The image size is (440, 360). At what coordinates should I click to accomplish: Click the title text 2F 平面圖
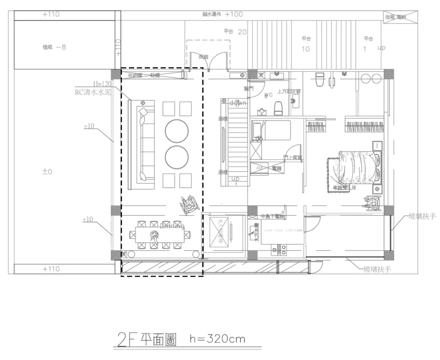click(145, 340)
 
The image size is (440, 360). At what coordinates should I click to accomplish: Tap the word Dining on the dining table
click(172, 227)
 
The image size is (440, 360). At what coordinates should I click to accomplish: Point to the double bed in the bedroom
click(355, 170)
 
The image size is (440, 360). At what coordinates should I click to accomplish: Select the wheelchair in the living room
click(188, 205)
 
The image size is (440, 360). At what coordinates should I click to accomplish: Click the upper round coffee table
click(177, 131)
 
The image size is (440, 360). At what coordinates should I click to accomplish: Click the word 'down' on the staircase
click(237, 103)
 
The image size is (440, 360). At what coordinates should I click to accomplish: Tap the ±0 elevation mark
click(47, 172)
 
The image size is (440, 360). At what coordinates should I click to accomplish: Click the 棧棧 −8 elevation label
click(54, 47)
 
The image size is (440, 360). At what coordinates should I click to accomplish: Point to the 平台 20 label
click(235, 32)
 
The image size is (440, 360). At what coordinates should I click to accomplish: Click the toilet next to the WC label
click(278, 108)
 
